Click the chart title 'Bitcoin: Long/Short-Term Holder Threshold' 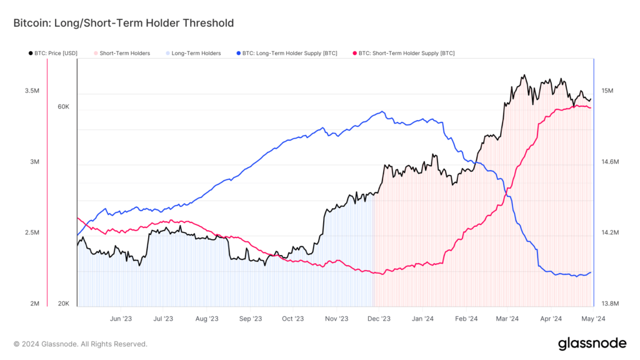[x=123, y=23]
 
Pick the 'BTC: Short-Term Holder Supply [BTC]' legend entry [x=404, y=54]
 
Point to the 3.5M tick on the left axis [x=32, y=91]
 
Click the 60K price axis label [x=63, y=107]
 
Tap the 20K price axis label [x=63, y=304]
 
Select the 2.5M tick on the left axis [x=32, y=233]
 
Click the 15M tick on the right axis [x=607, y=91]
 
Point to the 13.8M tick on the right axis [x=609, y=304]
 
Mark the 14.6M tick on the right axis [x=609, y=162]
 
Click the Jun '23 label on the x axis [x=121, y=318]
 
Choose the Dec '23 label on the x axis [x=379, y=318]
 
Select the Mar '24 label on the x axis [x=507, y=318]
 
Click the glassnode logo [x=592, y=343]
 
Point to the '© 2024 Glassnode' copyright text [x=81, y=344]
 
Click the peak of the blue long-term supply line [x=381, y=112]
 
